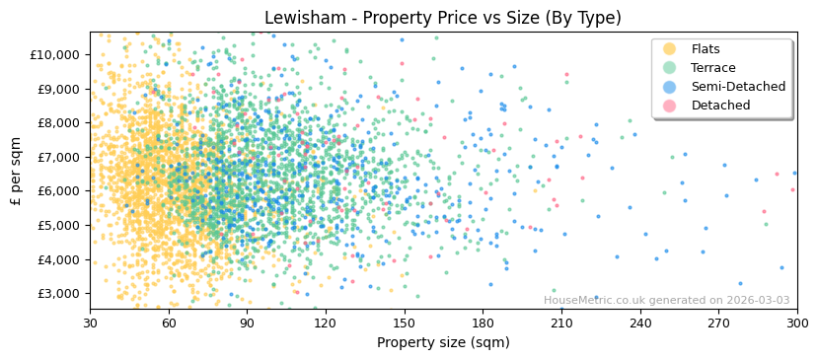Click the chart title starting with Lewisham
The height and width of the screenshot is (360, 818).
coord(442,18)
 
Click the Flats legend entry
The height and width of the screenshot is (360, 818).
coord(705,49)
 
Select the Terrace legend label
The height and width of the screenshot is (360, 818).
coord(712,68)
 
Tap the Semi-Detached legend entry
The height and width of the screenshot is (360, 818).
coord(738,87)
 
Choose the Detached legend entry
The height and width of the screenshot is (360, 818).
coord(720,106)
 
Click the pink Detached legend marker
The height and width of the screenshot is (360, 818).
coord(669,106)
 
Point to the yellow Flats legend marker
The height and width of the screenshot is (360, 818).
coord(669,49)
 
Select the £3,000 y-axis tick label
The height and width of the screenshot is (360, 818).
coord(57,294)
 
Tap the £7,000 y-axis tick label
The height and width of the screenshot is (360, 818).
coord(57,157)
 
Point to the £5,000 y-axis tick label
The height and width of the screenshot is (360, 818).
coord(57,225)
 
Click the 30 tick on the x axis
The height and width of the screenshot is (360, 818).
coord(90,323)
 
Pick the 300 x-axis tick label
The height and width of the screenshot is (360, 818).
coord(797,323)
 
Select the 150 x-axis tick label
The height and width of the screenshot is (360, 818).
coord(405,323)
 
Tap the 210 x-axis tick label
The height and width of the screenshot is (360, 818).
coord(561,323)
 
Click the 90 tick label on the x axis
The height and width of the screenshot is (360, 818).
coord(247,323)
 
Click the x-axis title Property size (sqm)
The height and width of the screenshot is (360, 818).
coord(443,342)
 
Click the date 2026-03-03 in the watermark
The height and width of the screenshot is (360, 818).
coord(758,301)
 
